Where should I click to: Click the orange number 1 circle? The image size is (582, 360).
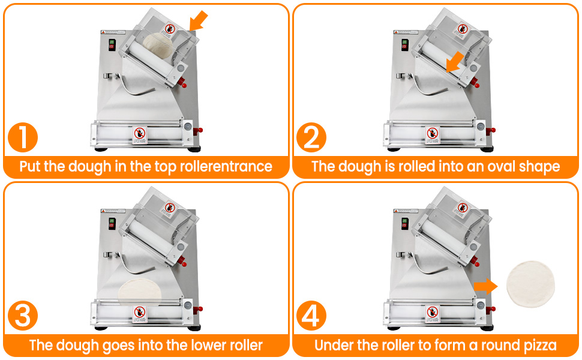pos(23,137)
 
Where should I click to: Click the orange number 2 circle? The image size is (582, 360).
pos(311,137)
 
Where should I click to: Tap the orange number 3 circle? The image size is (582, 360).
pos(23,316)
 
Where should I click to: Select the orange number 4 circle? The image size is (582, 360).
pos(311,316)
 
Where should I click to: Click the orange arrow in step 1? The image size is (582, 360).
pos(198,21)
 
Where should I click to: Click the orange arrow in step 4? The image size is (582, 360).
pos(485,286)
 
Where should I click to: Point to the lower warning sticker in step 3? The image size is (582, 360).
pos(140,312)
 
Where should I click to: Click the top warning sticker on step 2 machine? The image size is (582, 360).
pos(463,29)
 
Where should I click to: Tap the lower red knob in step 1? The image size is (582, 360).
pos(200,130)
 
